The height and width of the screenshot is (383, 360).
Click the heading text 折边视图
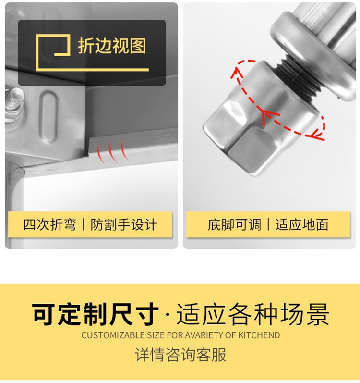[112, 46]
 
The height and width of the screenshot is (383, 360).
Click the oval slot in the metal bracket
[48, 116]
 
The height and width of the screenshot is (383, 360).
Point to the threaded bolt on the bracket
[14, 104]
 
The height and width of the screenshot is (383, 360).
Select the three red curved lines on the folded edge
[112, 151]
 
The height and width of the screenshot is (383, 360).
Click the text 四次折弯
[49, 224]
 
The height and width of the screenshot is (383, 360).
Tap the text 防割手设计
[124, 224]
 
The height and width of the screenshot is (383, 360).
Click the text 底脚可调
[234, 224]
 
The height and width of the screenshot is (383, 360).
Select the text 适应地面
[302, 224]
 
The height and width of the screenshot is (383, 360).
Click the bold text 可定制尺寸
[96, 314]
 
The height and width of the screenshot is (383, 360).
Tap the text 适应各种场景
[252, 314]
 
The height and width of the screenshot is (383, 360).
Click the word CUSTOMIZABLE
[113, 335]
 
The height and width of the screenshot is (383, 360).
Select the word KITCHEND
[259, 335]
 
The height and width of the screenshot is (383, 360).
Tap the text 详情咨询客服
[180, 355]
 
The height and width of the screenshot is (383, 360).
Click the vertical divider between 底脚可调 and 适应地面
[268, 224]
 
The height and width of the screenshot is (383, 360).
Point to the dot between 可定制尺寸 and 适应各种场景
[168, 314]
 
